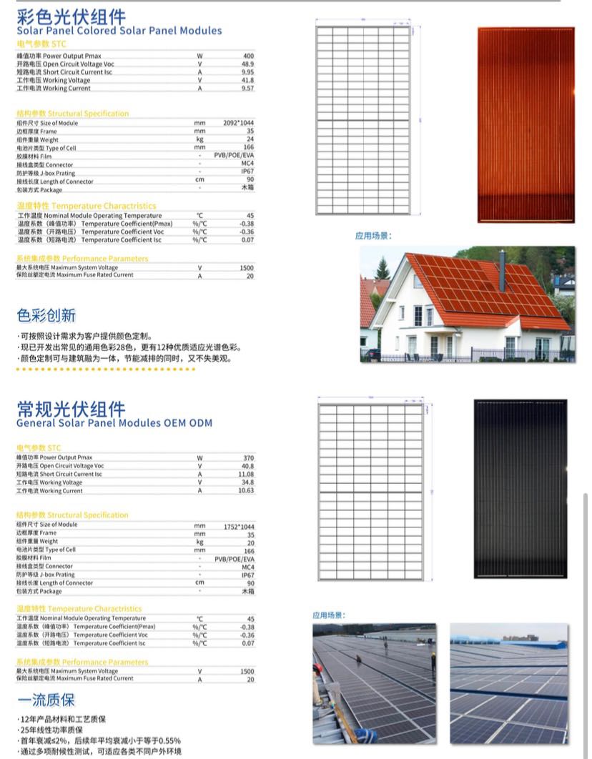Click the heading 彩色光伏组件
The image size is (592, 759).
click(x=71, y=16)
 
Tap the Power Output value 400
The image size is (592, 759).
click(x=248, y=56)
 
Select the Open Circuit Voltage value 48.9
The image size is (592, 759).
click(x=247, y=64)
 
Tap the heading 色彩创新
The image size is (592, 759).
click(x=46, y=315)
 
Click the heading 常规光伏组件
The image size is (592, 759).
click(x=71, y=408)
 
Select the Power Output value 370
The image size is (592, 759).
click(x=248, y=457)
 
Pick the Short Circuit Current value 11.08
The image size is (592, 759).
click(x=246, y=474)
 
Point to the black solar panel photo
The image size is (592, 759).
click(x=520, y=489)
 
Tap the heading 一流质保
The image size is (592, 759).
click(x=46, y=700)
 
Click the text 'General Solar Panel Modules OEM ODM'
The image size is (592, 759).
click(x=114, y=423)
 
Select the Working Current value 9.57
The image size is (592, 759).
click(x=247, y=89)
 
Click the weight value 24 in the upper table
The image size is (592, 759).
click(x=250, y=139)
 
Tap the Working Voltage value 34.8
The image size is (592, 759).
click(x=247, y=482)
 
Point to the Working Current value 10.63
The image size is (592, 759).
click(x=246, y=491)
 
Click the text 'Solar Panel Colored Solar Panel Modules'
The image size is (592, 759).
click(x=119, y=31)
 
